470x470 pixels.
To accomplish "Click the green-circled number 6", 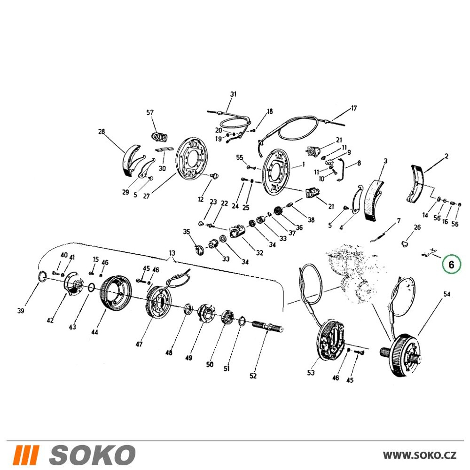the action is pyautogui.click(x=451, y=264).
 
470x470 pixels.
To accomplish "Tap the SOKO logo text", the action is pyautogui.click(x=92, y=455).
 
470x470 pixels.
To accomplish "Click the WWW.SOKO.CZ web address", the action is pyautogui.click(x=420, y=455).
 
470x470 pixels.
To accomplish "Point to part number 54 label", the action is pyautogui.click(x=446, y=294).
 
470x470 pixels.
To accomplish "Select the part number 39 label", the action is pyautogui.click(x=20, y=311).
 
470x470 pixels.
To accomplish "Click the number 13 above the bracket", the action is pyautogui.click(x=172, y=253).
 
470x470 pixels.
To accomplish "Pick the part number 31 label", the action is pyautogui.click(x=233, y=94).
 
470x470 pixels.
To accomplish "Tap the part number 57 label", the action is pyautogui.click(x=150, y=112).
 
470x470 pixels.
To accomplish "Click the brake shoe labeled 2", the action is pyautogui.click(x=418, y=183).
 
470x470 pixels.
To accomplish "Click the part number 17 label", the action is pyautogui.click(x=354, y=108).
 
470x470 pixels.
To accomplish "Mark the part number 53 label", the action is pyautogui.click(x=311, y=373).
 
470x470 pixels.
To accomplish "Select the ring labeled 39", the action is pyautogui.click(x=42, y=276).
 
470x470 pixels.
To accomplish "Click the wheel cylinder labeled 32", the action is pyautogui.click(x=237, y=232).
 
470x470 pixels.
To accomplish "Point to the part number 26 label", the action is pyautogui.click(x=417, y=227).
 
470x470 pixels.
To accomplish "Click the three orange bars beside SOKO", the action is pyautogui.click(x=27, y=455).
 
